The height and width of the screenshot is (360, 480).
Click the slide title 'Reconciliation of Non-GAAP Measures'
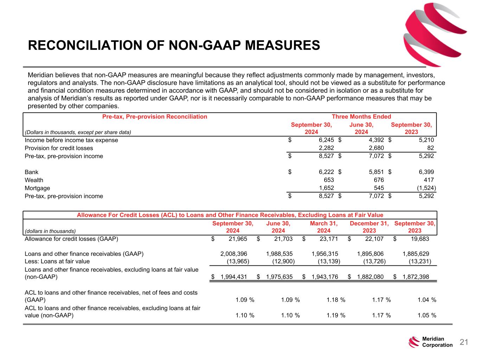click(174, 45)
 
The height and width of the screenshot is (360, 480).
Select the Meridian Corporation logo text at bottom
click(437, 342)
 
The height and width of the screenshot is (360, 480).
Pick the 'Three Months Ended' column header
click(361, 117)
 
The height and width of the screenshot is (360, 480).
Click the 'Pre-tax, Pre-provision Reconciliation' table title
click(154, 117)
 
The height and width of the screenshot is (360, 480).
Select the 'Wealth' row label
click(34, 180)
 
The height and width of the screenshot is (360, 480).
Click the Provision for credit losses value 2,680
click(374, 148)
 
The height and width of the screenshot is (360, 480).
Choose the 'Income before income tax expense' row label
click(71, 140)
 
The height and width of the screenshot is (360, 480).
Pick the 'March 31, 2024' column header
click(324, 227)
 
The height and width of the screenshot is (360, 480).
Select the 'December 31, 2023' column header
click(369, 227)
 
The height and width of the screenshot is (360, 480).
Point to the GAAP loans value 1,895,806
click(370, 254)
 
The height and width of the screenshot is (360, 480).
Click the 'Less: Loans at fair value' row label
click(57, 261)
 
